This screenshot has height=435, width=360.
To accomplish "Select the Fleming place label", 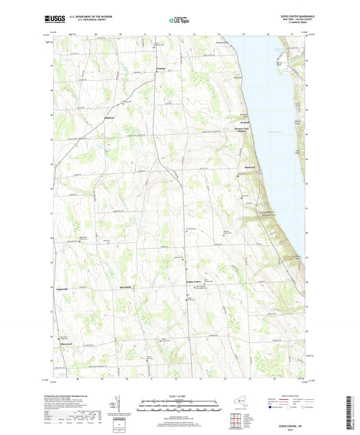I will click(x=160, y=68).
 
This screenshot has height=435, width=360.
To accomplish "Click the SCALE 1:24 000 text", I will click(x=180, y=395).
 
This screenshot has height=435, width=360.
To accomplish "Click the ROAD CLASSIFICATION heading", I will click(x=291, y=395).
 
